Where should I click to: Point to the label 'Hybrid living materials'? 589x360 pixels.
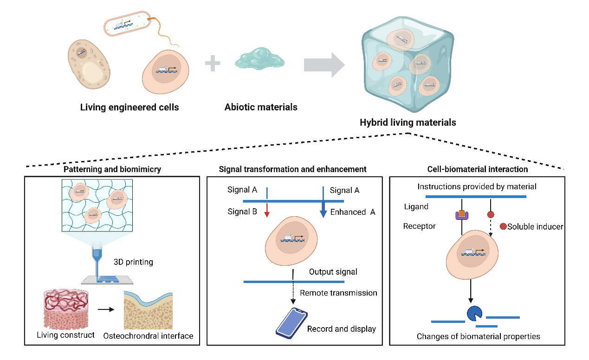coord(408,123)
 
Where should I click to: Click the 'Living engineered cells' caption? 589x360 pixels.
coord(129,108)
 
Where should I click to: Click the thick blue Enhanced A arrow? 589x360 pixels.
coord(323,209)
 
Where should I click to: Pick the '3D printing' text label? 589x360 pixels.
coord(133,262)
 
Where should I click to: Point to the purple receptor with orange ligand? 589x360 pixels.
coord(462,215)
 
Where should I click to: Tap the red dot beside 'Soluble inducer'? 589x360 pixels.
coord(503,227)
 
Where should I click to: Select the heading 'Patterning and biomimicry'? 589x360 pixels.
coord(112,169)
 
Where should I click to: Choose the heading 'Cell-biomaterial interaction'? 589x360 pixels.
coord(477,169)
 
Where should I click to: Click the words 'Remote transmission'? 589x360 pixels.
coord(338,293)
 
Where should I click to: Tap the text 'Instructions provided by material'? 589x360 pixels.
coord(477,187)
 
